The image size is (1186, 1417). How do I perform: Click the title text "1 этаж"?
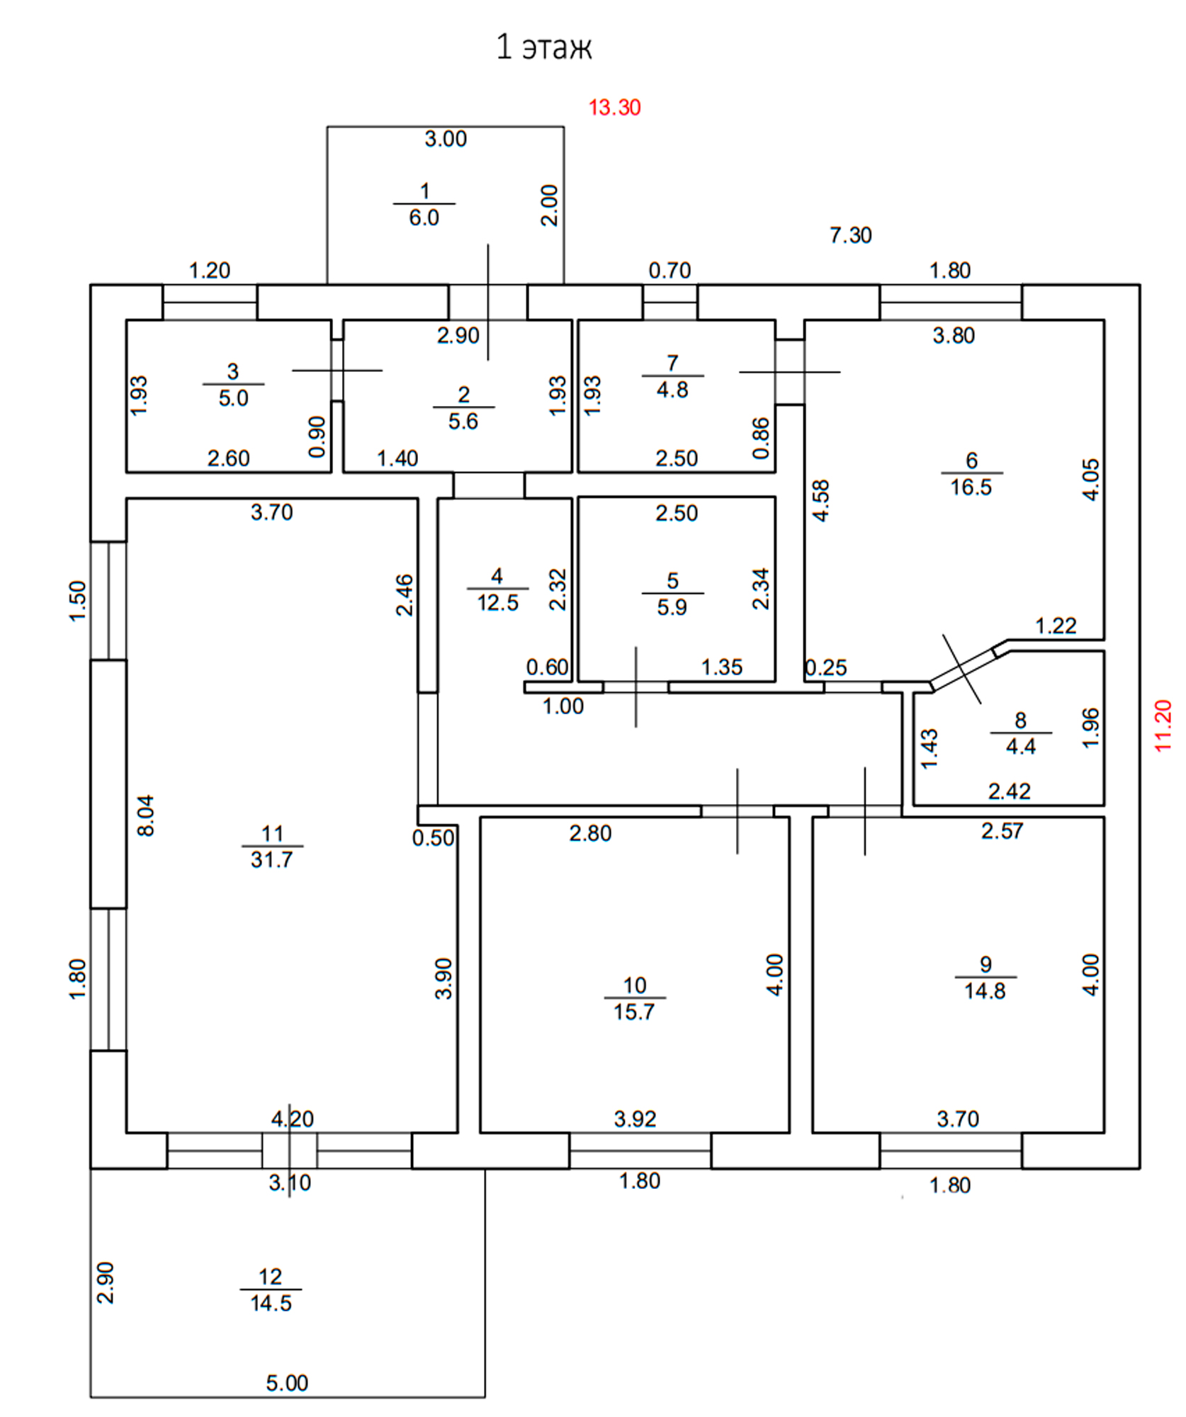544,47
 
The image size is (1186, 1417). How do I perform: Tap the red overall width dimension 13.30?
614,108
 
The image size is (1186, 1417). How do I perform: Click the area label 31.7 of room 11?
271,859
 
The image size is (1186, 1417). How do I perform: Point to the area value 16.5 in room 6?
971,487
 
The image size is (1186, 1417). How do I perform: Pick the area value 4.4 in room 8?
1020,746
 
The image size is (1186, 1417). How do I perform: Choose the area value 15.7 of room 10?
634,1011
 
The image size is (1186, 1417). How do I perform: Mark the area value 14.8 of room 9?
984,990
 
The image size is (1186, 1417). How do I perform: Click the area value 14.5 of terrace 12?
271,1303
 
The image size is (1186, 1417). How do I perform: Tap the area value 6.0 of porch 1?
424,218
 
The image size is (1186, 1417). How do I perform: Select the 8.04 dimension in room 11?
145,815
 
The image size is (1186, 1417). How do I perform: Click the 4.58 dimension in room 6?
820,500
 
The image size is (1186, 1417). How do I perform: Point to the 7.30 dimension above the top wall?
850,235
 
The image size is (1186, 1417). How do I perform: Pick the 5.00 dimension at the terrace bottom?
287,1383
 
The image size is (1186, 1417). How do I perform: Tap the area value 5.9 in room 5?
672,607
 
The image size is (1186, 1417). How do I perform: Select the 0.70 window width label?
670,271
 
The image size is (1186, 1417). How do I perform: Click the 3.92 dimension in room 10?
635,1119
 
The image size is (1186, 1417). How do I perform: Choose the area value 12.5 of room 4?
497,603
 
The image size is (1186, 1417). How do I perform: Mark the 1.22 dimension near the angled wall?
1056,626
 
